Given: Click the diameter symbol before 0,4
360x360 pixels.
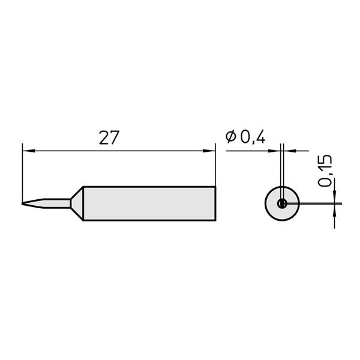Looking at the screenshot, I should coord(231,137).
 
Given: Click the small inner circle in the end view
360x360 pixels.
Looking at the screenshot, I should coord(281,204).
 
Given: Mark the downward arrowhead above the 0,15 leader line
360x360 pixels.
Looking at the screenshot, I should coord(334,198).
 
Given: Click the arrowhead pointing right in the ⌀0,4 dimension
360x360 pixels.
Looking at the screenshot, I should coord(277,151).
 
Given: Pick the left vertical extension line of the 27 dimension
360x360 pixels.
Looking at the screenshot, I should coord(22,174).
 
